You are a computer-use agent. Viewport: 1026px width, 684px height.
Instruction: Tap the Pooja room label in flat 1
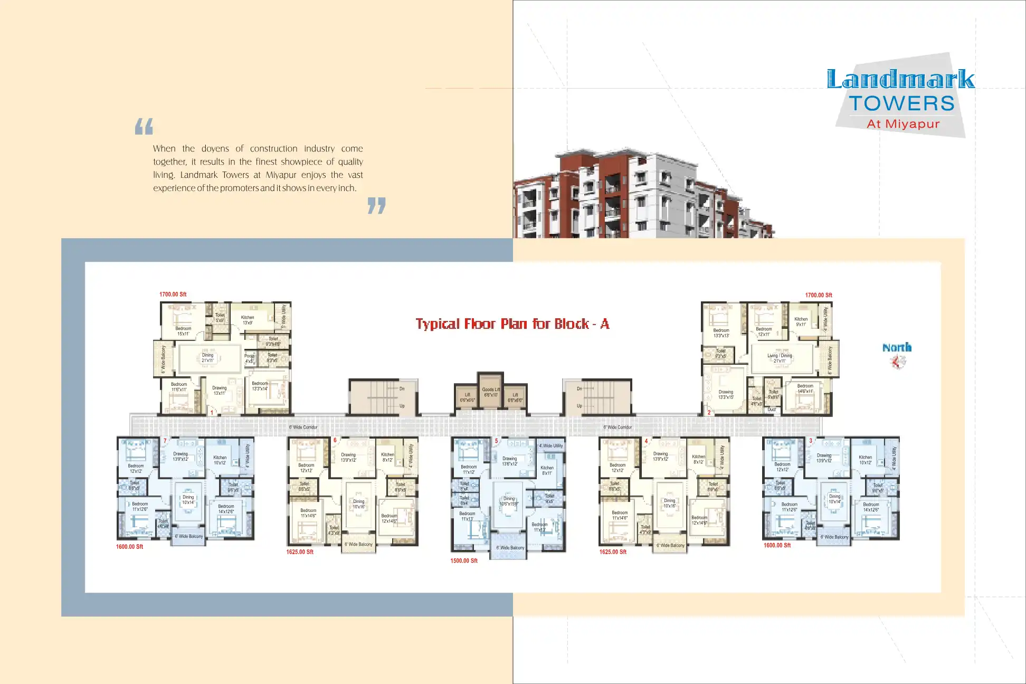(249, 358)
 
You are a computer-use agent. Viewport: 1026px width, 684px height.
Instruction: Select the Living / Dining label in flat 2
(780, 358)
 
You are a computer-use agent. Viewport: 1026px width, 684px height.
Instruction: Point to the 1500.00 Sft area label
(463, 560)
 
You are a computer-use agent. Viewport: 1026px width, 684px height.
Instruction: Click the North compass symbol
(897, 362)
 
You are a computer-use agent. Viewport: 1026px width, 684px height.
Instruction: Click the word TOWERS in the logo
(901, 103)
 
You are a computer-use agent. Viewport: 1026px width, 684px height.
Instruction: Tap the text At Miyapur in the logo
(903, 124)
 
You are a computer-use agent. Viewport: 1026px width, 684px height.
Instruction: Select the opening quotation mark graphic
(144, 127)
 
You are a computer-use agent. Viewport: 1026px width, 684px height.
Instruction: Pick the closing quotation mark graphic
(376, 205)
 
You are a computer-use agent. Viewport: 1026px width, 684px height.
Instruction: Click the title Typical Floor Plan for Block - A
(512, 324)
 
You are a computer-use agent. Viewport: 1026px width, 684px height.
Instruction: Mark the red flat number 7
(165, 441)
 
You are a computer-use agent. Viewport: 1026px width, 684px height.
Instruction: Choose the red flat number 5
(496, 441)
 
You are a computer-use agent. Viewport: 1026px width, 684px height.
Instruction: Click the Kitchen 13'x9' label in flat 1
(248, 320)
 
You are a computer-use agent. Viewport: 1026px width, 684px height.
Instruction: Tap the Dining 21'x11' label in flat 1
(207, 358)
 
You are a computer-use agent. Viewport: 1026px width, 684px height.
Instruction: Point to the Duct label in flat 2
(772, 410)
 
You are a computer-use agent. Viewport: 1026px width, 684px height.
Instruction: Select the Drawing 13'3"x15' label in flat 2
(726, 394)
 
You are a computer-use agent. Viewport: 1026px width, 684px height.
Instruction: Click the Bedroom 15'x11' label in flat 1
(183, 331)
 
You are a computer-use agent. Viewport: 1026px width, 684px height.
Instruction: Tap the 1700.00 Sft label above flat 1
(173, 294)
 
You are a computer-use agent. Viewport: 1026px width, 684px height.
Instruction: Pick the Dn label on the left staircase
(402, 388)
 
